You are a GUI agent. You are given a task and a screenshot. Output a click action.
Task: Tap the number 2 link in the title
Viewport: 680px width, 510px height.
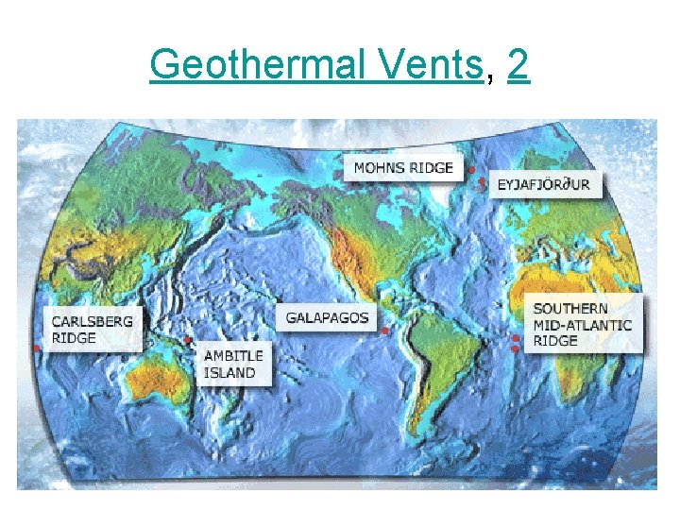[x=518, y=64]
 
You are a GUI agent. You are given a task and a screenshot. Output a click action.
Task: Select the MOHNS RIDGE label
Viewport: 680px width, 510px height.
[x=403, y=168]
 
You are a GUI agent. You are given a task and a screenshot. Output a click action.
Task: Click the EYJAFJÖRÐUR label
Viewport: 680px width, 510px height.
[x=544, y=185]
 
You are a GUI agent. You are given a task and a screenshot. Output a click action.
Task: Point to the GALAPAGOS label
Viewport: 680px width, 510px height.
[x=328, y=318]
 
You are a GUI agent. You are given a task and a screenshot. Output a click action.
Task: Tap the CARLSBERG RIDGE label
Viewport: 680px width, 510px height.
[x=93, y=329]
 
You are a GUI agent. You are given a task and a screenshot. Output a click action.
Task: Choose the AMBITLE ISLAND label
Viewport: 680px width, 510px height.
[x=233, y=364]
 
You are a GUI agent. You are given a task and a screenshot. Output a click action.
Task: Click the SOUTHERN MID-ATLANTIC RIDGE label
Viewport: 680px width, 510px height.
[x=583, y=324]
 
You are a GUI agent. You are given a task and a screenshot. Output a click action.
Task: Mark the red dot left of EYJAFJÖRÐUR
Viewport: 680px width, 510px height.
[x=484, y=183]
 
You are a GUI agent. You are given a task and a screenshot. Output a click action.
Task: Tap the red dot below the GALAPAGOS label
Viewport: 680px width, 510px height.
[x=384, y=331]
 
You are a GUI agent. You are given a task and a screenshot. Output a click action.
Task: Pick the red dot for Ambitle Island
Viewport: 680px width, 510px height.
[x=188, y=340]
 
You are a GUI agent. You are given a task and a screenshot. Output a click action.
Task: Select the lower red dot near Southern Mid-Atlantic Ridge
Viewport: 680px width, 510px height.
[x=515, y=348]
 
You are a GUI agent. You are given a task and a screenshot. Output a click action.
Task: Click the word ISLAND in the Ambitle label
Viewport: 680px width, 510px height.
[x=229, y=372]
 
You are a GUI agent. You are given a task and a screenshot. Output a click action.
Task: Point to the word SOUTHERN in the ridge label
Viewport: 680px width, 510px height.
[x=570, y=309]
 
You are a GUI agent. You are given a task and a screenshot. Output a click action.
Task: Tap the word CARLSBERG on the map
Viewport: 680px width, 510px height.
[x=93, y=321]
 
